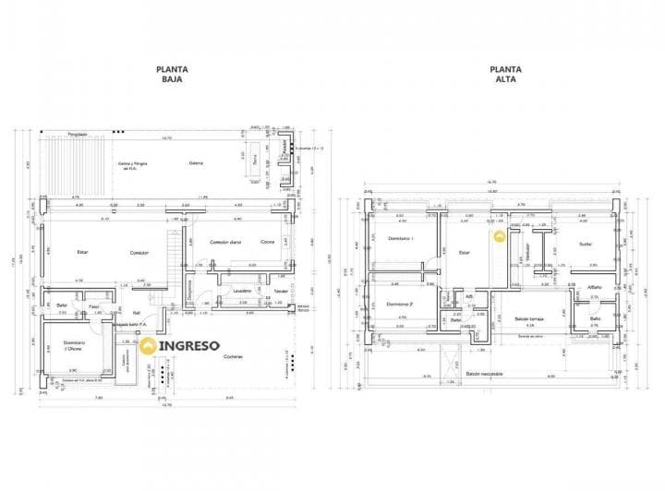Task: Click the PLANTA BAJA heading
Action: (172, 74)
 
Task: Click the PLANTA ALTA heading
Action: (505, 74)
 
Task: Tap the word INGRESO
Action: (189, 346)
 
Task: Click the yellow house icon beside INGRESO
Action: (148, 347)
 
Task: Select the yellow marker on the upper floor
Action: (500, 236)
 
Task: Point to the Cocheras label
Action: (233, 357)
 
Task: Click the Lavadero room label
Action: (243, 291)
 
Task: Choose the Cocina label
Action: (267, 242)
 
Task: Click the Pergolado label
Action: (77, 135)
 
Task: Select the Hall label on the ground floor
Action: (136, 312)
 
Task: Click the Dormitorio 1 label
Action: (400, 238)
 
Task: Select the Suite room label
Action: (585, 244)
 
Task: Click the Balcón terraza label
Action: (527, 318)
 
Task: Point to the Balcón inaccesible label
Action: (485, 374)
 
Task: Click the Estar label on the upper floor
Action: (465, 251)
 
